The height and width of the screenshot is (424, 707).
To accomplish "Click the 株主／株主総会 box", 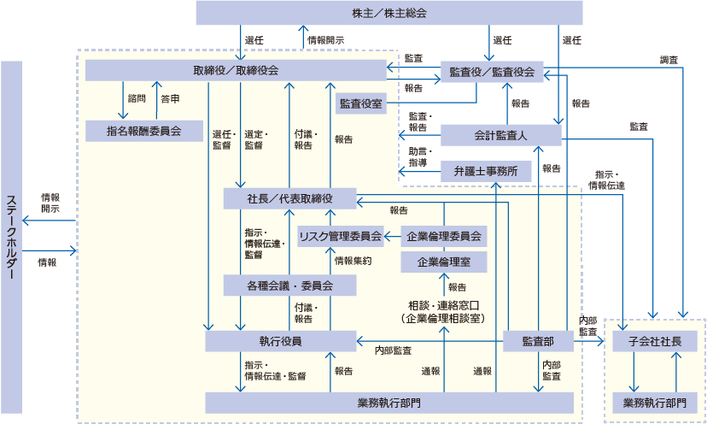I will click(389, 13).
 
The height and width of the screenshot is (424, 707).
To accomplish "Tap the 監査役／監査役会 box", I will click(491, 73).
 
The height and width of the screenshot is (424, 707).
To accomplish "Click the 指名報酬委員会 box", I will click(143, 131).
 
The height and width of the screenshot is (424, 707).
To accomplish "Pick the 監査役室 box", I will click(360, 103).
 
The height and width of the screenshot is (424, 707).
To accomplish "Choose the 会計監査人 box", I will click(500, 135).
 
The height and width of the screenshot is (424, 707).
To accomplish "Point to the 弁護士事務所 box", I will click(485, 171).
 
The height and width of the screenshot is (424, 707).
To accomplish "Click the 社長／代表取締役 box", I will click(289, 198).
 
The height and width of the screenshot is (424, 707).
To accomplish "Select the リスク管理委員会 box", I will click(339, 236).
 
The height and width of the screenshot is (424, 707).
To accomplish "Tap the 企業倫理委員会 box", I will click(443, 236).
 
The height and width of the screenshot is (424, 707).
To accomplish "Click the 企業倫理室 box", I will click(443, 262).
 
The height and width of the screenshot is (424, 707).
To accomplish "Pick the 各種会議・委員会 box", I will click(289, 285).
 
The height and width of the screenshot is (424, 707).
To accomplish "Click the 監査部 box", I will click(538, 341).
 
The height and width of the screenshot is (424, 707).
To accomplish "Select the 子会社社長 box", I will click(655, 341).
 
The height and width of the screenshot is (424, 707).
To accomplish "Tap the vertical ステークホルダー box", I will click(12, 237).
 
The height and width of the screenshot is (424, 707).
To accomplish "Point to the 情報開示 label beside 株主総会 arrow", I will click(326, 39).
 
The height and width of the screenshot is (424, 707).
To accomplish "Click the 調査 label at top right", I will click(669, 60).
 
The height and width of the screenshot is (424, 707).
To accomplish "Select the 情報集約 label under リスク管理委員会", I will click(352, 261).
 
